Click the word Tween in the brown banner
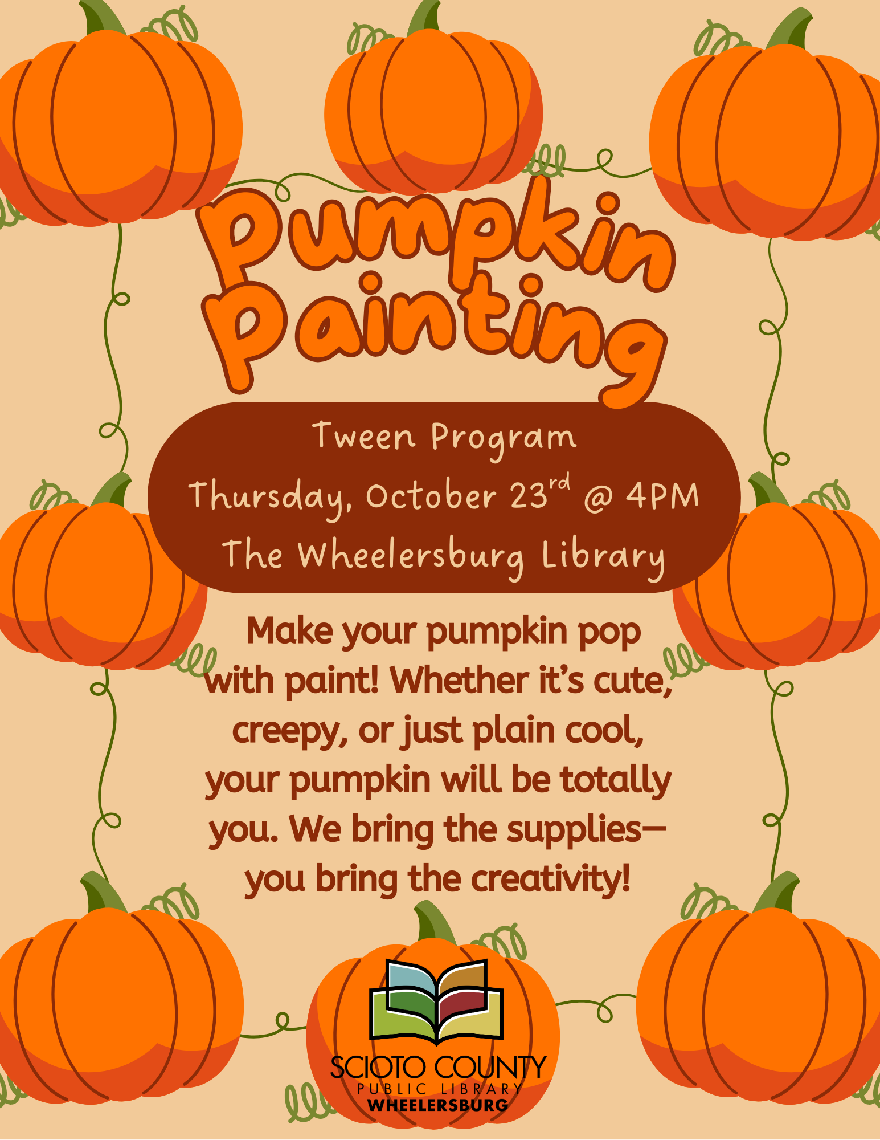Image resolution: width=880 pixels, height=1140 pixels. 364,437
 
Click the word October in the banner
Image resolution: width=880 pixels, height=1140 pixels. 432,495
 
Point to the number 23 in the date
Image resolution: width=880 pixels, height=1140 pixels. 529,495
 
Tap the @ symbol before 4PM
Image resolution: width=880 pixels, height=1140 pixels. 598,497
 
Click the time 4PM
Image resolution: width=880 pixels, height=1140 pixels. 662,495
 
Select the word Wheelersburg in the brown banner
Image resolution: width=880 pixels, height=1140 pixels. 411,556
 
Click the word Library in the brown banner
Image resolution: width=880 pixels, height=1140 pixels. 603,556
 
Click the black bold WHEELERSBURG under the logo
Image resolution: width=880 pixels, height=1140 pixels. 438,1105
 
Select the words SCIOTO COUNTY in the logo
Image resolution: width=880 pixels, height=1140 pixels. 438,1067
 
